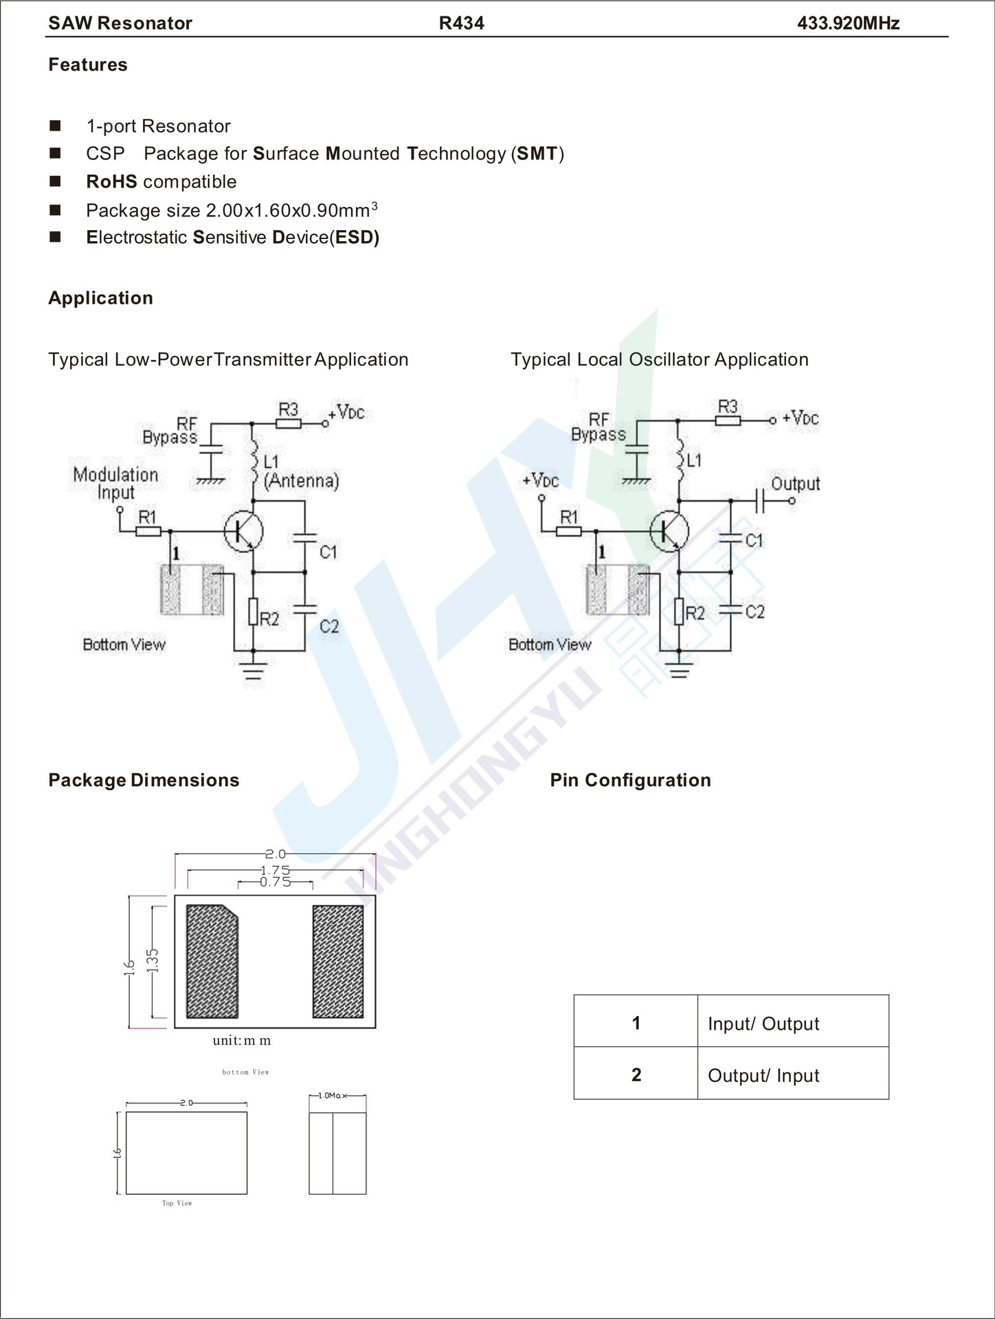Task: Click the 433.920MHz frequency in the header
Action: [x=848, y=23]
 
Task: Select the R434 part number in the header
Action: [x=461, y=23]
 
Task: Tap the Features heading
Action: [x=88, y=65]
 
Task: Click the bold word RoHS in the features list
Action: [x=111, y=181]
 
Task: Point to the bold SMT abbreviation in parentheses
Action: [x=537, y=153]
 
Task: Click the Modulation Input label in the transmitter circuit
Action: [x=115, y=483]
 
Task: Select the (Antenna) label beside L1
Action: [x=302, y=480]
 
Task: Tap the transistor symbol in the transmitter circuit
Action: [x=243, y=530]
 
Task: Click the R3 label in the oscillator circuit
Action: [x=728, y=406]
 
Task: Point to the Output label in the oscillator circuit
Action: [x=795, y=483]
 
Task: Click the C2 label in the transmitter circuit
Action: [x=329, y=626]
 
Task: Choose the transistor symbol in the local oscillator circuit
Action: [x=669, y=530]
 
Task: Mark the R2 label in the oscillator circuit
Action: [x=695, y=613]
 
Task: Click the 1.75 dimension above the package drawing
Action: [x=275, y=870]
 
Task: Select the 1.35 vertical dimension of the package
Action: [x=153, y=960]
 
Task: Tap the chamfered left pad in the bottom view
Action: [x=212, y=962]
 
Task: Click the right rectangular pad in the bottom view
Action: [x=338, y=962]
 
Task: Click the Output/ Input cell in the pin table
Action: [x=763, y=1075]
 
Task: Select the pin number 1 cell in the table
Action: [x=636, y=1023]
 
